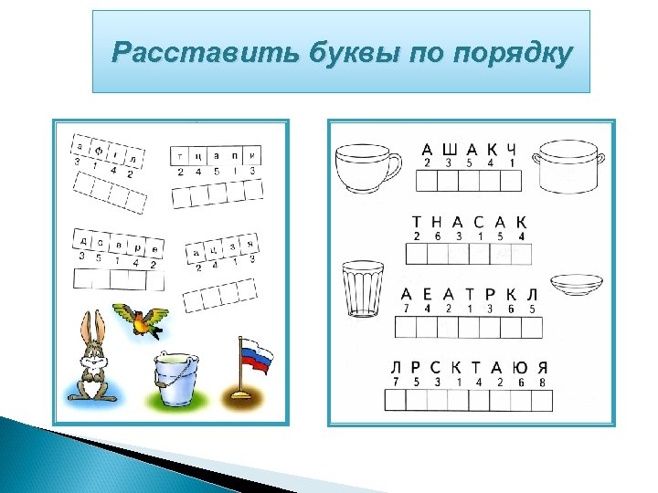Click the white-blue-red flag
[x=255, y=358]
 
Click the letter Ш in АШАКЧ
[x=450, y=149]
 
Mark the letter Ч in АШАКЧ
[x=513, y=149]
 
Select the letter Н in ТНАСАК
[x=437, y=222]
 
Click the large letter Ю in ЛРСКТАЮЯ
[x=521, y=367]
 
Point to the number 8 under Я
[x=542, y=382]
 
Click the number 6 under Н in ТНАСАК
[x=437, y=236]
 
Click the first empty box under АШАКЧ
[x=427, y=181]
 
